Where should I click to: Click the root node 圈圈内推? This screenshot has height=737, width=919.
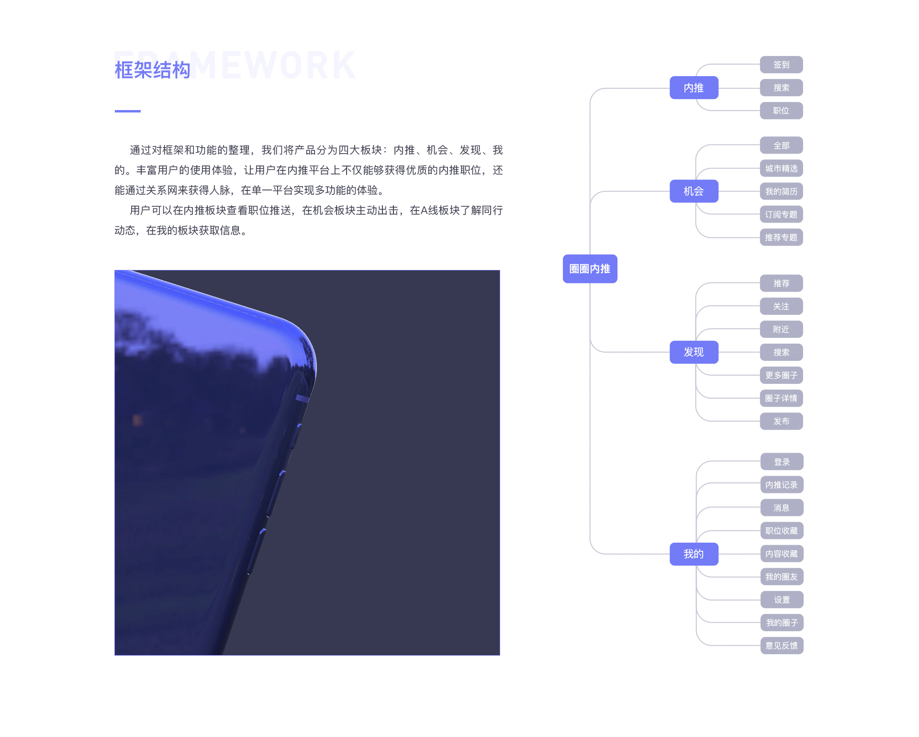coord(590,269)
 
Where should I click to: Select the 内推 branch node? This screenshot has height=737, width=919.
coord(694,88)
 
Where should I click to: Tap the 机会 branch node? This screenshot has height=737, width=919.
coord(694,191)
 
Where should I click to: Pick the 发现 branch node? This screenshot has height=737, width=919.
coord(694,352)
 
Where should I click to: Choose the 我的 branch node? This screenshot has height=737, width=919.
coord(694,554)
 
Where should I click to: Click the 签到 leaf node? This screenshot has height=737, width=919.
coord(781,65)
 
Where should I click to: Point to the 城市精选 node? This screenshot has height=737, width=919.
coord(781,168)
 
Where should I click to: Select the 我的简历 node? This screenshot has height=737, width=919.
coord(781,191)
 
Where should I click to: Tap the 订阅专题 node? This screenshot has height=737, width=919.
coord(781,214)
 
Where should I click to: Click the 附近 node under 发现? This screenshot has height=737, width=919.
coord(781,329)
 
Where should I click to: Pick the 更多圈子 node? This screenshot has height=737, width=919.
coord(781,375)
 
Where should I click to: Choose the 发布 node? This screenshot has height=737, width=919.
coord(781,421)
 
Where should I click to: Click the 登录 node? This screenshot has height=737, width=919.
coord(782,462)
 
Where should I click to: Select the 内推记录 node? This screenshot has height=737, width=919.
coord(782,485)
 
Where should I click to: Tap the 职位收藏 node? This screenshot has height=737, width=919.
coord(782,531)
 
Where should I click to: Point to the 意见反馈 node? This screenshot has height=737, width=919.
coord(782,646)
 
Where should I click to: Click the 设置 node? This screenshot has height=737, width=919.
coord(782,600)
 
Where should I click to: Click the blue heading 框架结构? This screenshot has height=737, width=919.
coord(153,70)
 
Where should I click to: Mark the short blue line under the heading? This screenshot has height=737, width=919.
coord(127,111)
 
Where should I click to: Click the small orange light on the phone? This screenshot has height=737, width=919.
coord(137,420)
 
